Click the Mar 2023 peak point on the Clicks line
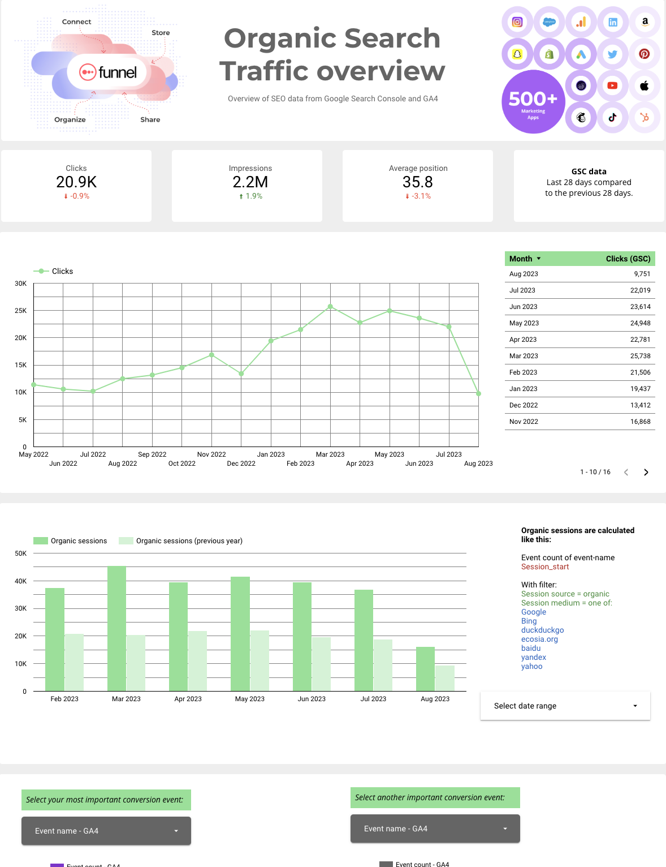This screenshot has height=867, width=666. (330, 307)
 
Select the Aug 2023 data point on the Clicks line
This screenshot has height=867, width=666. (478, 393)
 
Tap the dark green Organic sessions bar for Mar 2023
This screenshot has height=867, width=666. (116, 628)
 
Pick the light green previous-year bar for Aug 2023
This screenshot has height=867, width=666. (445, 678)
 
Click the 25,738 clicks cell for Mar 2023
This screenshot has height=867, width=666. (640, 356)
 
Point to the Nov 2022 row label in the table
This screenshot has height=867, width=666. (524, 422)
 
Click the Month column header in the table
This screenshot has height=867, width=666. (521, 259)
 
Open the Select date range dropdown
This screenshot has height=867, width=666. (565, 706)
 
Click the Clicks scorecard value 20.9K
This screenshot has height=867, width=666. (76, 182)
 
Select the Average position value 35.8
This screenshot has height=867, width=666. (417, 182)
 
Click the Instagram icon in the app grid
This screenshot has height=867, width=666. (517, 22)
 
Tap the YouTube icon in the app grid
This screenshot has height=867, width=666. (612, 86)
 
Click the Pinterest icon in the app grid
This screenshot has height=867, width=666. (644, 54)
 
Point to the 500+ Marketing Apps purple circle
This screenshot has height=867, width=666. (533, 102)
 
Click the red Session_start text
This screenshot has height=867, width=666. (545, 566)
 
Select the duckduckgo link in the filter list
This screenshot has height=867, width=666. (542, 630)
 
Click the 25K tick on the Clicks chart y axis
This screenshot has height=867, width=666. (21, 311)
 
